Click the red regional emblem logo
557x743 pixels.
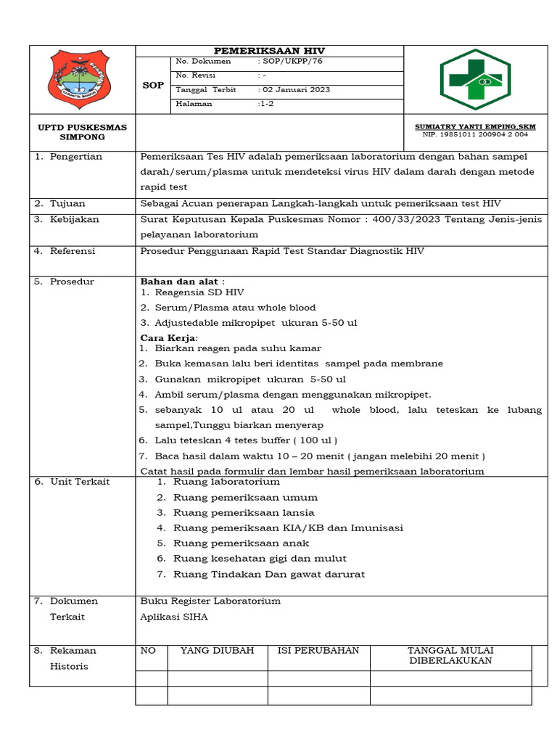[77, 80]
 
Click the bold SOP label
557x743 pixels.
[152, 85]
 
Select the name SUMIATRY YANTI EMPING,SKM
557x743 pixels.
[475, 126]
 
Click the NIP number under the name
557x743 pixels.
[475, 134]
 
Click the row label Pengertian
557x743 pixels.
[75, 157]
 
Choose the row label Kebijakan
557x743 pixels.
[74, 219]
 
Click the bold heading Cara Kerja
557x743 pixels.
[168, 338]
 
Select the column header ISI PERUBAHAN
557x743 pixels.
[318, 651]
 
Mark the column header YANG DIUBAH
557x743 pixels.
[217, 651]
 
